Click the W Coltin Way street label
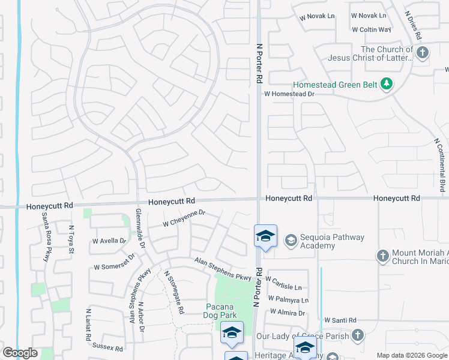372,29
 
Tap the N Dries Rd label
414,24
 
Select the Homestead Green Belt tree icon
387,85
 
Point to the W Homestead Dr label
289,94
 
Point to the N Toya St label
71,239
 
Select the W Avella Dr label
109,241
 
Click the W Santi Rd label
340,320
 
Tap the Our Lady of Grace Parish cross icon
358,335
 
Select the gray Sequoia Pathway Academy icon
291,240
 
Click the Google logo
20,353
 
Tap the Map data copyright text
411,355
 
